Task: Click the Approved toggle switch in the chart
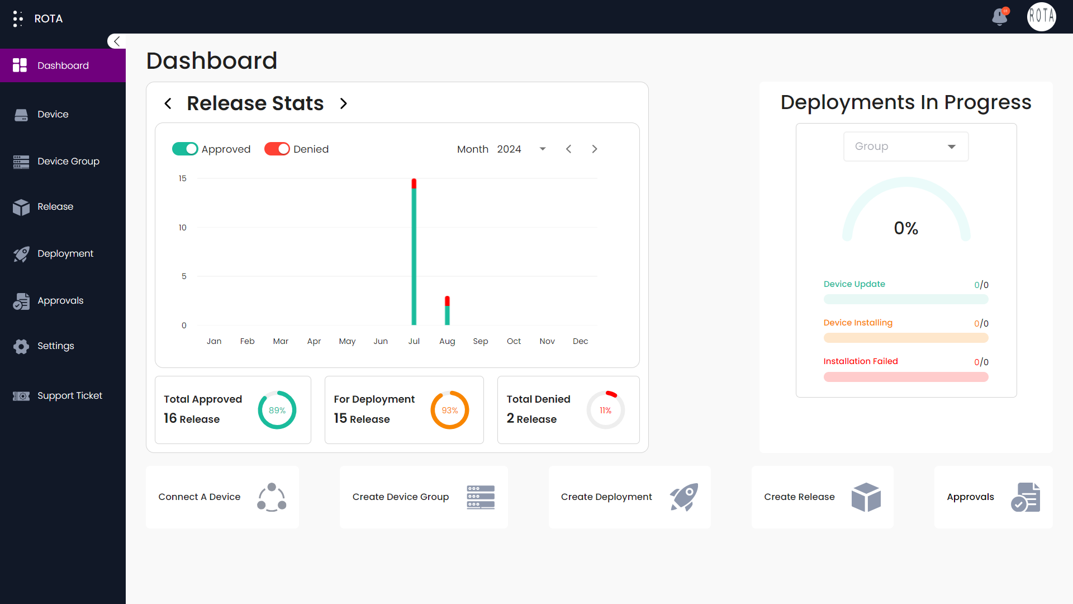click(185, 149)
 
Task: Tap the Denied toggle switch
click(277, 149)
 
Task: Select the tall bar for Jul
click(414, 252)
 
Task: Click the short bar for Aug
click(447, 311)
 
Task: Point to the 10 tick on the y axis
click(182, 228)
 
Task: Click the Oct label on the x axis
click(514, 341)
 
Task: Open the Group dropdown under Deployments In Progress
click(905, 147)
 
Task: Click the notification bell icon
click(1000, 17)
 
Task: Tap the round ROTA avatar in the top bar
click(1041, 17)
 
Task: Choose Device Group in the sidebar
click(68, 161)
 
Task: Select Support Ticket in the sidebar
click(69, 395)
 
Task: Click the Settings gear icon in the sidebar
click(21, 346)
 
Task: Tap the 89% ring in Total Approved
click(277, 410)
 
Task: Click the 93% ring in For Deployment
click(450, 410)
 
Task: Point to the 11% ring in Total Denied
click(605, 410)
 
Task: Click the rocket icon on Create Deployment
click(684, 497)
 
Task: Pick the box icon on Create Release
click(866, 497)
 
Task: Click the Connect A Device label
click(200, 497)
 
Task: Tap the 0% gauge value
click(906, 228)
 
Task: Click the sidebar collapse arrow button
click(116, 41)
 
